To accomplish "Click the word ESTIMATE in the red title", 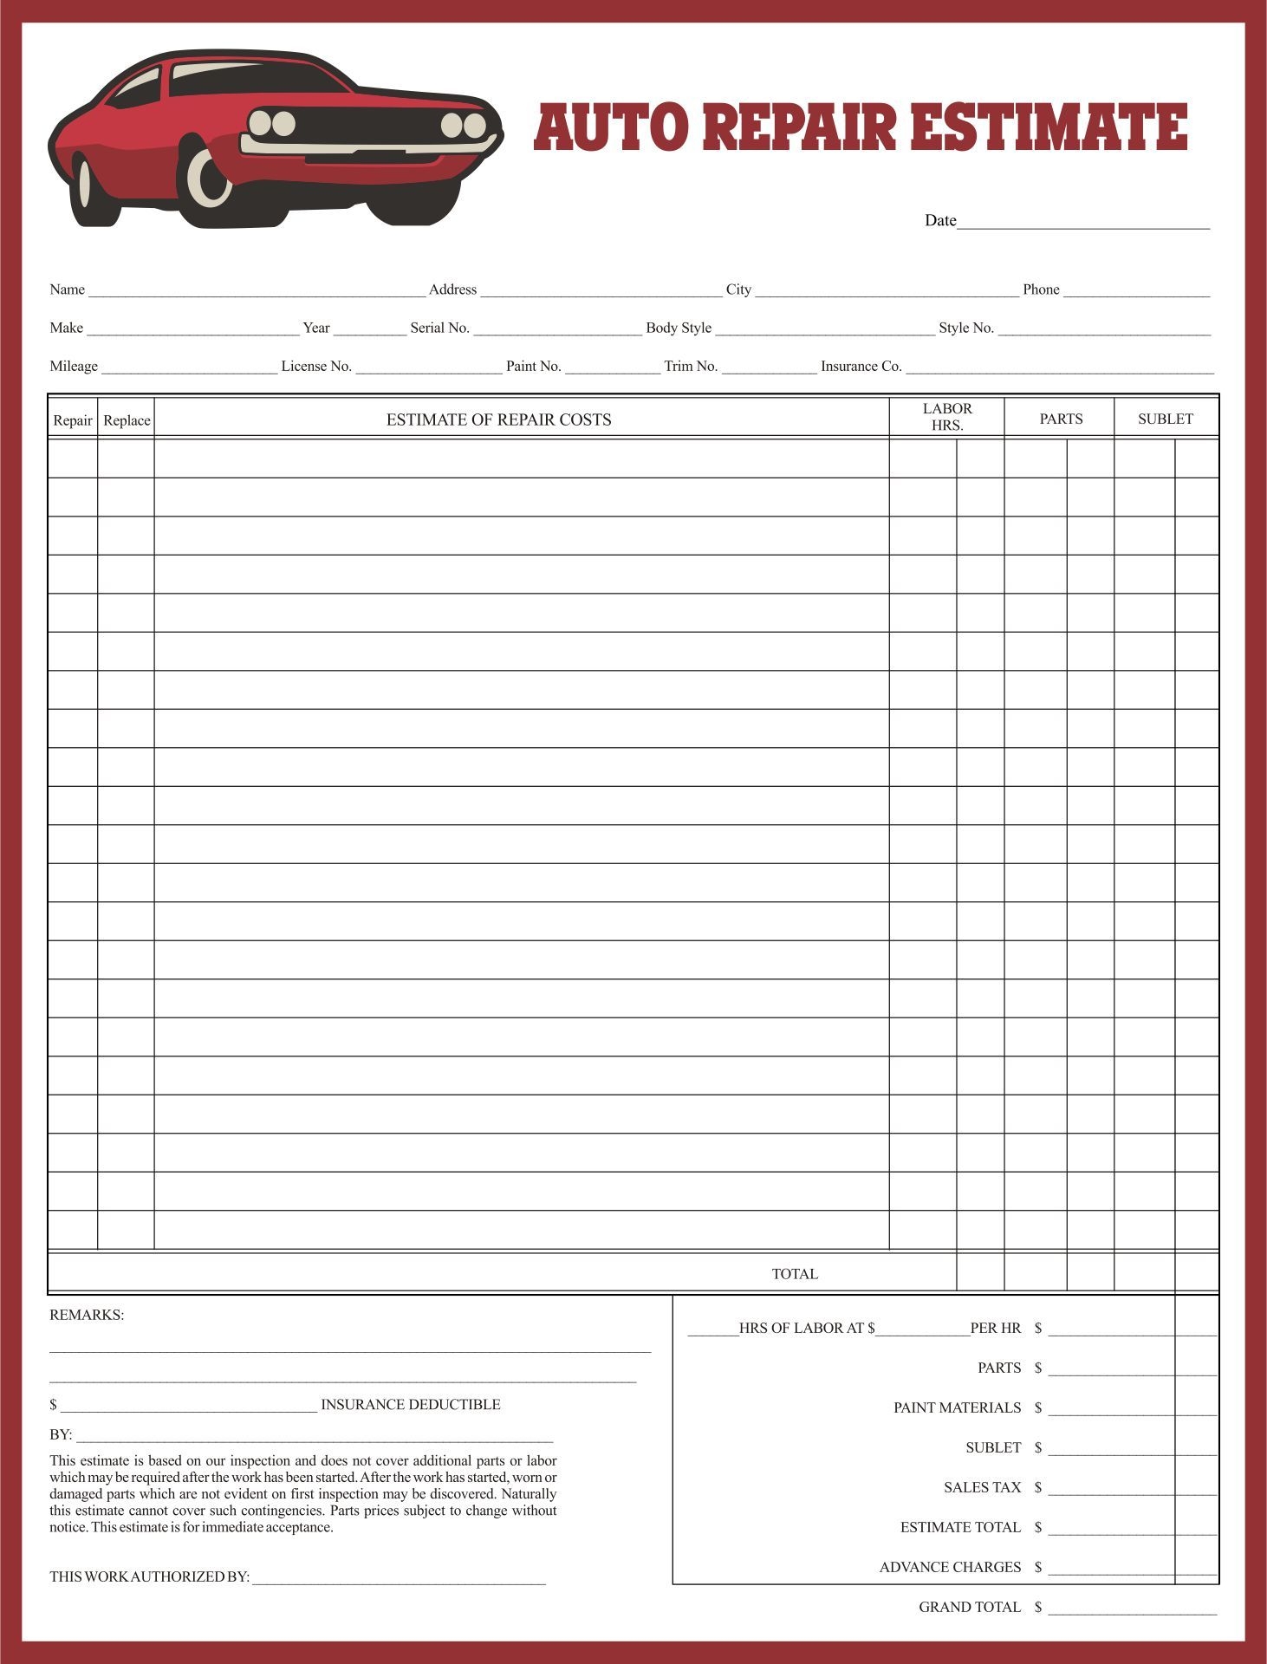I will pos(1049,127).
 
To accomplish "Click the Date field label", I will pos(939,221).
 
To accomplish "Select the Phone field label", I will pos(1041,289).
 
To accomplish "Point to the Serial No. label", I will pos(439,328).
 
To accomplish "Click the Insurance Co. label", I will pos(861,366).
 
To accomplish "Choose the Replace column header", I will pos(127,420).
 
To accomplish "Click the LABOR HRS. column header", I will pos(946,417).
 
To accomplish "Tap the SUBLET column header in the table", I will pos(1165,419).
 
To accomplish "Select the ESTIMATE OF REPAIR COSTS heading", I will pos(498,419).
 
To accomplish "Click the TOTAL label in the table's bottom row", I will pos(794,1274).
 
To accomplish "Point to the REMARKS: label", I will pos(87,1315).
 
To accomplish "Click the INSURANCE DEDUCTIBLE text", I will pos(410,1404).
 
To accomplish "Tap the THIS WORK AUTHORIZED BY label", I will pos(149,1576).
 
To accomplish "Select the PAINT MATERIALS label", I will pos(957,1407).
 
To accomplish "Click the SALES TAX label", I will pos(982,1487).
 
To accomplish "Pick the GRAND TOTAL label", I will pos(969,1607).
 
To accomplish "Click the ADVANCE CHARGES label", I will pos(950,1567).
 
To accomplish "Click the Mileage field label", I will pos(74,366).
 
